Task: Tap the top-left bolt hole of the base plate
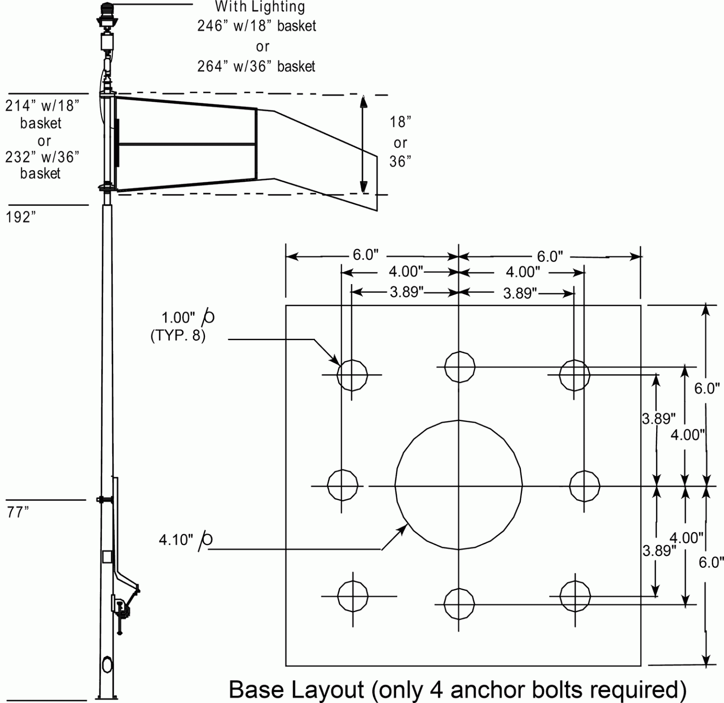[352, 375]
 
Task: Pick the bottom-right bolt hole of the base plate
[575, 596]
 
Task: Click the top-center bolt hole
[459, 366]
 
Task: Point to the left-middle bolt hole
[342, 485]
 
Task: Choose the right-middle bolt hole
[584, 485]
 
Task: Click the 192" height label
[21, 217]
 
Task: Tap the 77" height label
[18, 512]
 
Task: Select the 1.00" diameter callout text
[178, 317]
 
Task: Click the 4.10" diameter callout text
[176, 540]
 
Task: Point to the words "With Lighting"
[260, 7]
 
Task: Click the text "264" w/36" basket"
[256, 66]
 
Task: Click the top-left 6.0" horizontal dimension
[365, 255]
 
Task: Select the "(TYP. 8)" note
[178, 336]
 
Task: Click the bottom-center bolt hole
[459, 604]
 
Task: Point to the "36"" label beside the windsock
[400, 162]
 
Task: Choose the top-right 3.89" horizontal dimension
[520, 294]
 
